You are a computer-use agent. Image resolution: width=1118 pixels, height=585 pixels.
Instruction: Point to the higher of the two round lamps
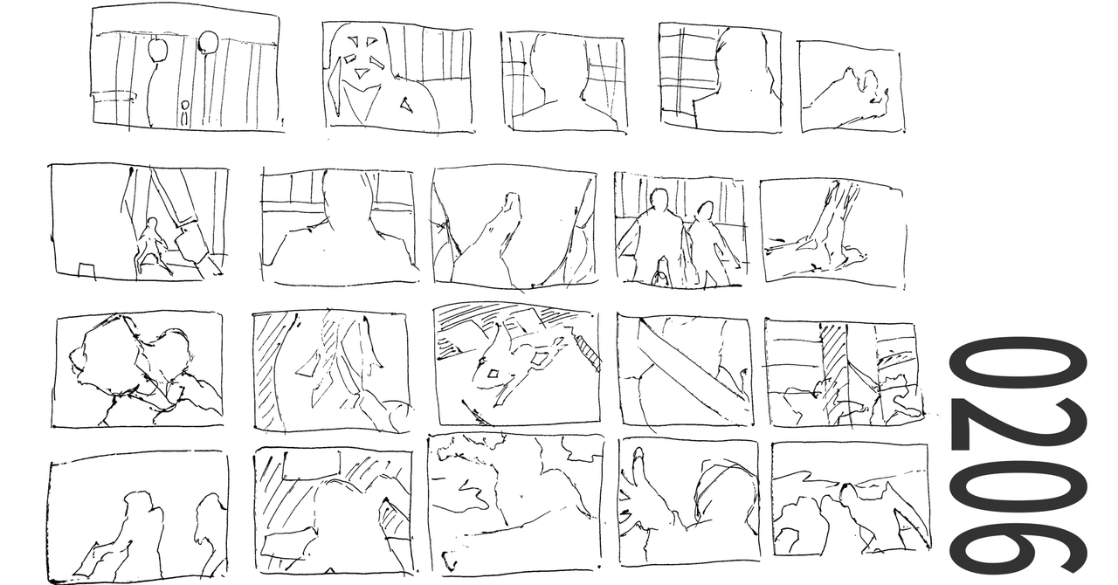tap(208, 41)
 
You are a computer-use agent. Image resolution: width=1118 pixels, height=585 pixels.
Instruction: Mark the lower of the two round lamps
tap(157, 51)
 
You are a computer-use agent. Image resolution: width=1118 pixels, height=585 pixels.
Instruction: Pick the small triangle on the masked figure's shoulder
tap(405, 104)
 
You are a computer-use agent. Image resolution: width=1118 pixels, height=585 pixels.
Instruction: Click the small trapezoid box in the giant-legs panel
tap(86, 266)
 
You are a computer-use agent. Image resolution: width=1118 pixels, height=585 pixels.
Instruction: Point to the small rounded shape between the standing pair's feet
tap(661, 278)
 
